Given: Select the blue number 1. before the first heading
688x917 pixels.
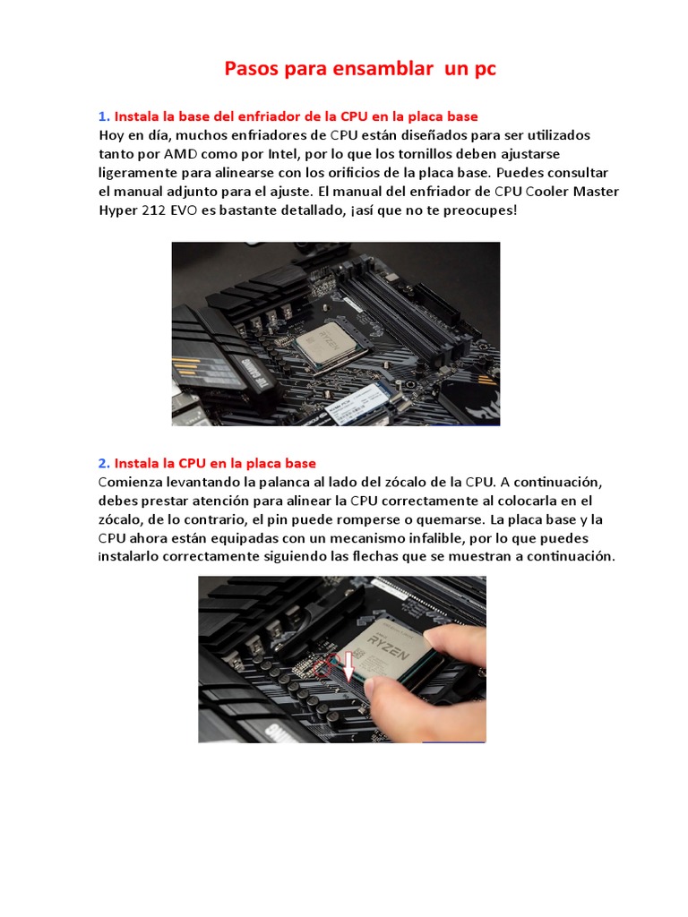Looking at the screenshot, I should click(104, 116).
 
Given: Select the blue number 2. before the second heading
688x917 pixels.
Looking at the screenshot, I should click(104, 463).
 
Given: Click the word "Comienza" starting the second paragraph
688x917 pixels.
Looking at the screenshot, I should click(133, 482).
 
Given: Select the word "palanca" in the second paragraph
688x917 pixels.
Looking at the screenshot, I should click(288, 482).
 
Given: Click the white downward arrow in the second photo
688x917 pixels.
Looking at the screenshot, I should click(348, 671).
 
